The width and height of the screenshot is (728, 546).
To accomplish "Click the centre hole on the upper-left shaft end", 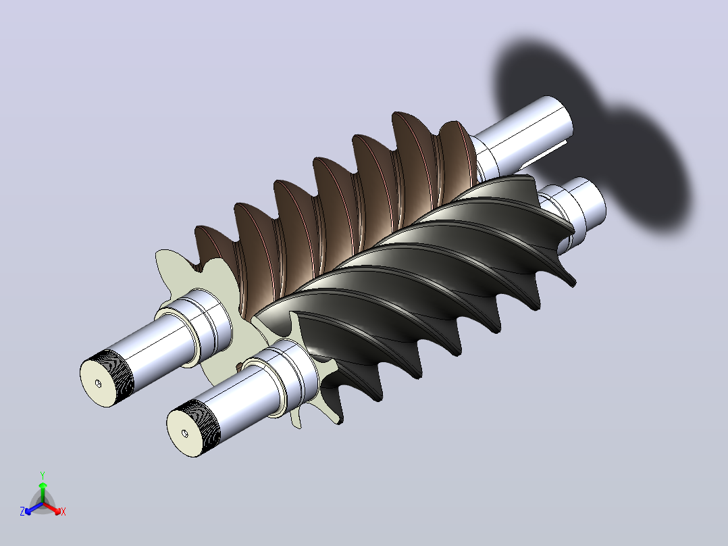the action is (98, 383).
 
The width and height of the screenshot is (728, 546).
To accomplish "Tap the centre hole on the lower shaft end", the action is (185, 433).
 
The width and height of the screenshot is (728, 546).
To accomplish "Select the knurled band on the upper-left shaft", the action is (113, 370).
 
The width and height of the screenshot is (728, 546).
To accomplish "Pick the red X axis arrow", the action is (53, 508).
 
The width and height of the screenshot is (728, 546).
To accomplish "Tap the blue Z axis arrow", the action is (33, 508).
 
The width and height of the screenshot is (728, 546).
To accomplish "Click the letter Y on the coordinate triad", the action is (43, 475).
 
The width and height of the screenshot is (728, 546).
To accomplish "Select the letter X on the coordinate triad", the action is (63, 512).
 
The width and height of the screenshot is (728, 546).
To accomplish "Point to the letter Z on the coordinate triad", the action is (22, 511).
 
